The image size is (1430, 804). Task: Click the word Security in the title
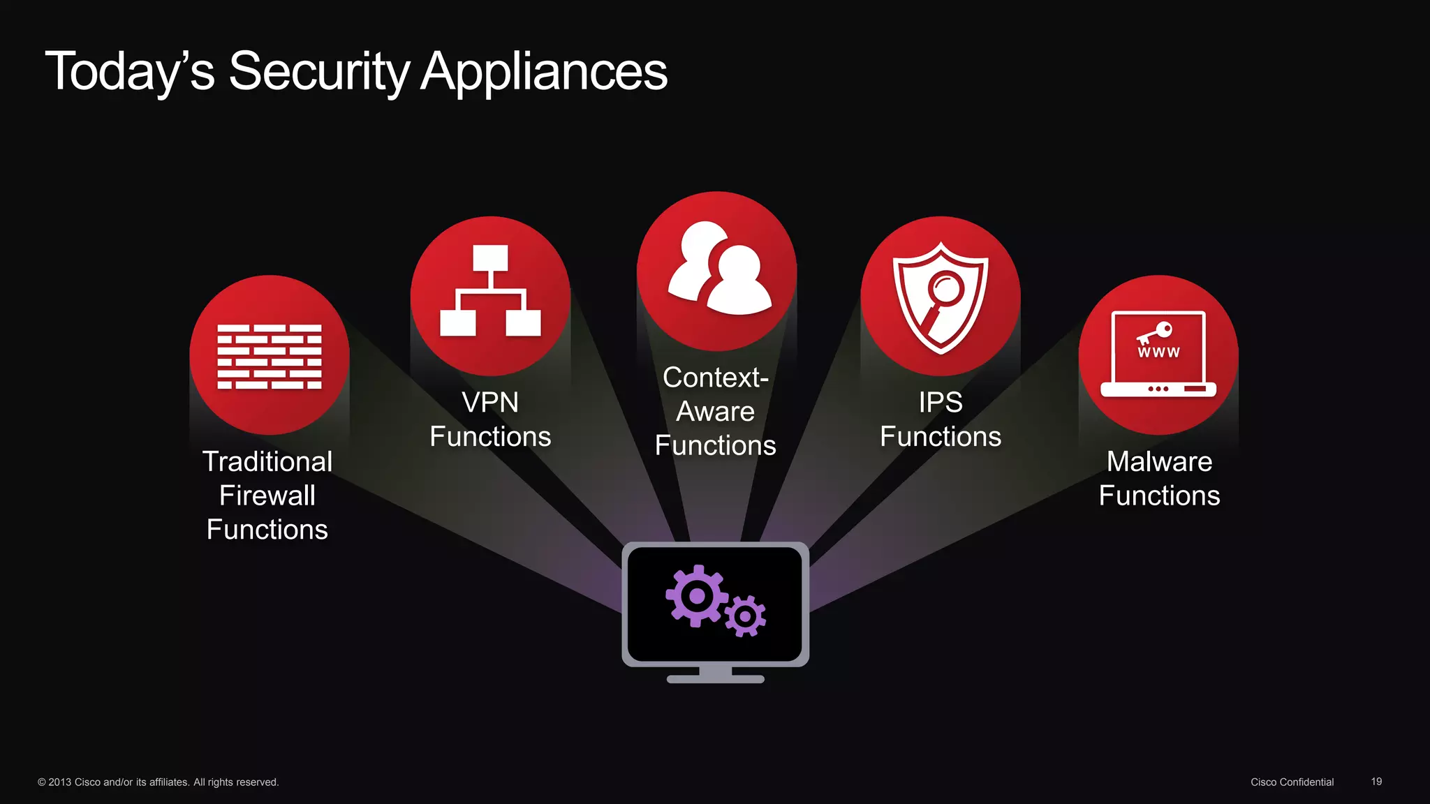click(318, 71)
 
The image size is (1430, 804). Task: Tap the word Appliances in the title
click(544, 71)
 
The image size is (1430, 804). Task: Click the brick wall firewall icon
click(270, 356)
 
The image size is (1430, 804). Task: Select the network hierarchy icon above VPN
click(490, 291)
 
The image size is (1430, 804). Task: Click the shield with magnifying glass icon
click(941, 296)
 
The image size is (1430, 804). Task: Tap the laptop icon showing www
click(1158, 355)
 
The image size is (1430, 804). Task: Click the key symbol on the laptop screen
click(1155, 333)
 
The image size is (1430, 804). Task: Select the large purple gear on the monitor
click(696, 596)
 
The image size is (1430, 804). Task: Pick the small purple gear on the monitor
click(745, 616)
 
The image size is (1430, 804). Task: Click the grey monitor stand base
click(715, 678)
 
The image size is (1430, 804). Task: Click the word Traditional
click(267, 461)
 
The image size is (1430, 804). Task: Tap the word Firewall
click(267, 496)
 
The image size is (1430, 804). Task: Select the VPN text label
click(490, 403)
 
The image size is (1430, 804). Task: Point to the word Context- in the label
click(715, 378)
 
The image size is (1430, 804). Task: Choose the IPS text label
click(941, 403)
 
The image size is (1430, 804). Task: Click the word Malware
click(1159, 461)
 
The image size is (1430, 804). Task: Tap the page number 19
click(1376, 782)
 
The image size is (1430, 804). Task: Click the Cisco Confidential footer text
click(1292, 782)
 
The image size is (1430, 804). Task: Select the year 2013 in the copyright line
click(59, 782)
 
